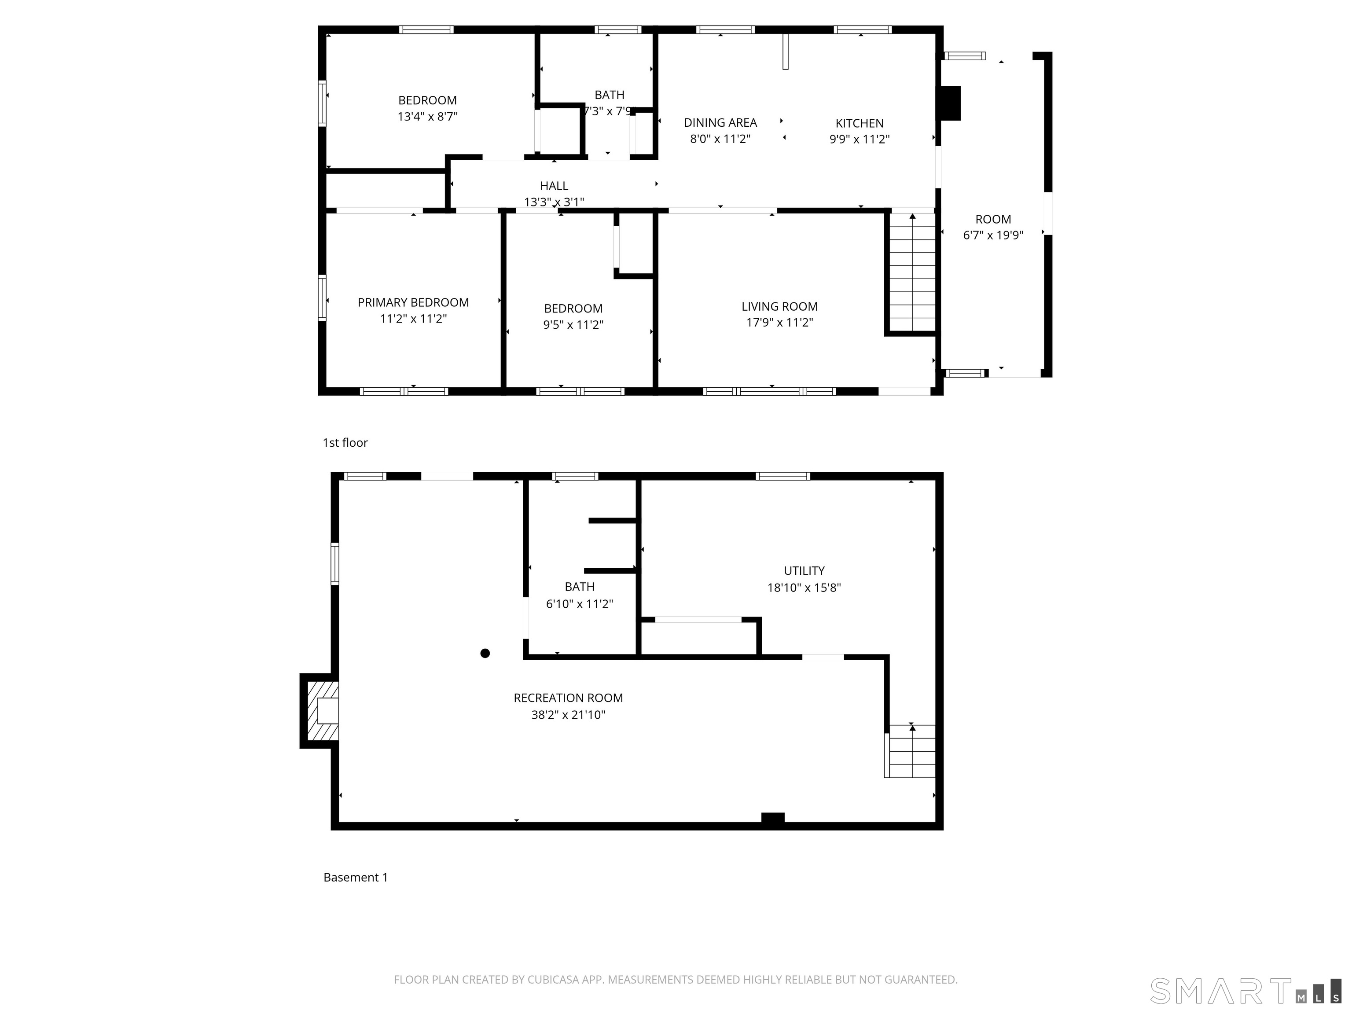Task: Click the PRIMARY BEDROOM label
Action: [413, 302]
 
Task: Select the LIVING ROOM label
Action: [779, 307]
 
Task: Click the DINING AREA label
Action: [720, 123]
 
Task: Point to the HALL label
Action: [554, 186]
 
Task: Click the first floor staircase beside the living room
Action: [912, 272]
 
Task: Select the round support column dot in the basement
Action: [485, 654]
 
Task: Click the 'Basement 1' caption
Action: [355, 878]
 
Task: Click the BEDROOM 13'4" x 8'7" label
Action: [427, 101]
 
